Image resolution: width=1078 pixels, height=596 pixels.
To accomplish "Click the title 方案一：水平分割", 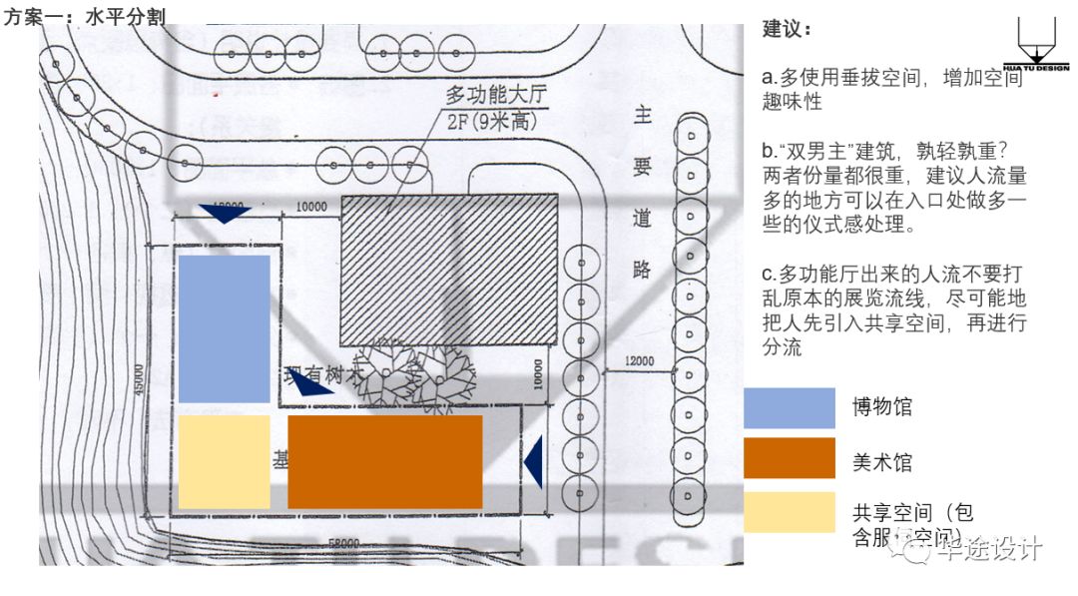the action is (85, 15).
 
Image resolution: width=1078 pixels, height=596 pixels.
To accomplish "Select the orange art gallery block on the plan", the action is (385, 461).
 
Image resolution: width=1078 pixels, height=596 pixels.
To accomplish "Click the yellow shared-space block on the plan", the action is (225, 462).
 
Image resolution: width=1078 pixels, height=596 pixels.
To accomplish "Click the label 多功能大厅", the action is (496, 96).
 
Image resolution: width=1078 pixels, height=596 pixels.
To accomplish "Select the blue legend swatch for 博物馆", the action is (789, 407).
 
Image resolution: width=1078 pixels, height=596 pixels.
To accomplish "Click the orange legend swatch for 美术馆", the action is (789, 458).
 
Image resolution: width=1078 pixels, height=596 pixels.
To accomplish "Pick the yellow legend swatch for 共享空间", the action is (789, 512).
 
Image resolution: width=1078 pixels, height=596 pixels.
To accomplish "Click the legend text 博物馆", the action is (881, 407).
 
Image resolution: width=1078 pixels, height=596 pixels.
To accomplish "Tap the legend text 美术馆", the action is (881, 462).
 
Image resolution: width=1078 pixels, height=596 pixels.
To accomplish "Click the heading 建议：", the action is (788, 29).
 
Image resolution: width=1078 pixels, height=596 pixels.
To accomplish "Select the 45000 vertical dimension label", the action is (139, 385).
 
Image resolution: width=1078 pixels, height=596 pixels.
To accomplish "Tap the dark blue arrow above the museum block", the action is (224, 213).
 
